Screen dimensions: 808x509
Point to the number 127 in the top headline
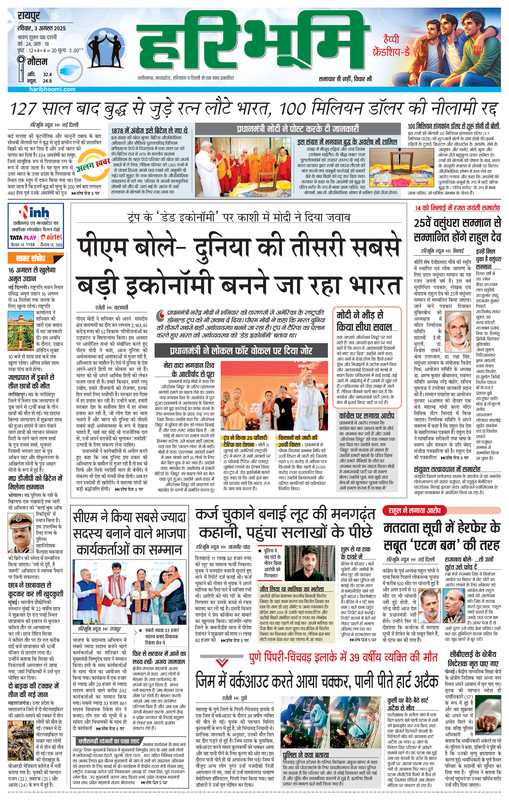[23, 108]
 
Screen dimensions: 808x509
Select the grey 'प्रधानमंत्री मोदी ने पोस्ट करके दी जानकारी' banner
[297, 129]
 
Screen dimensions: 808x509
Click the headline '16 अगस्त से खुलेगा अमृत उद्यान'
[32, 274]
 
